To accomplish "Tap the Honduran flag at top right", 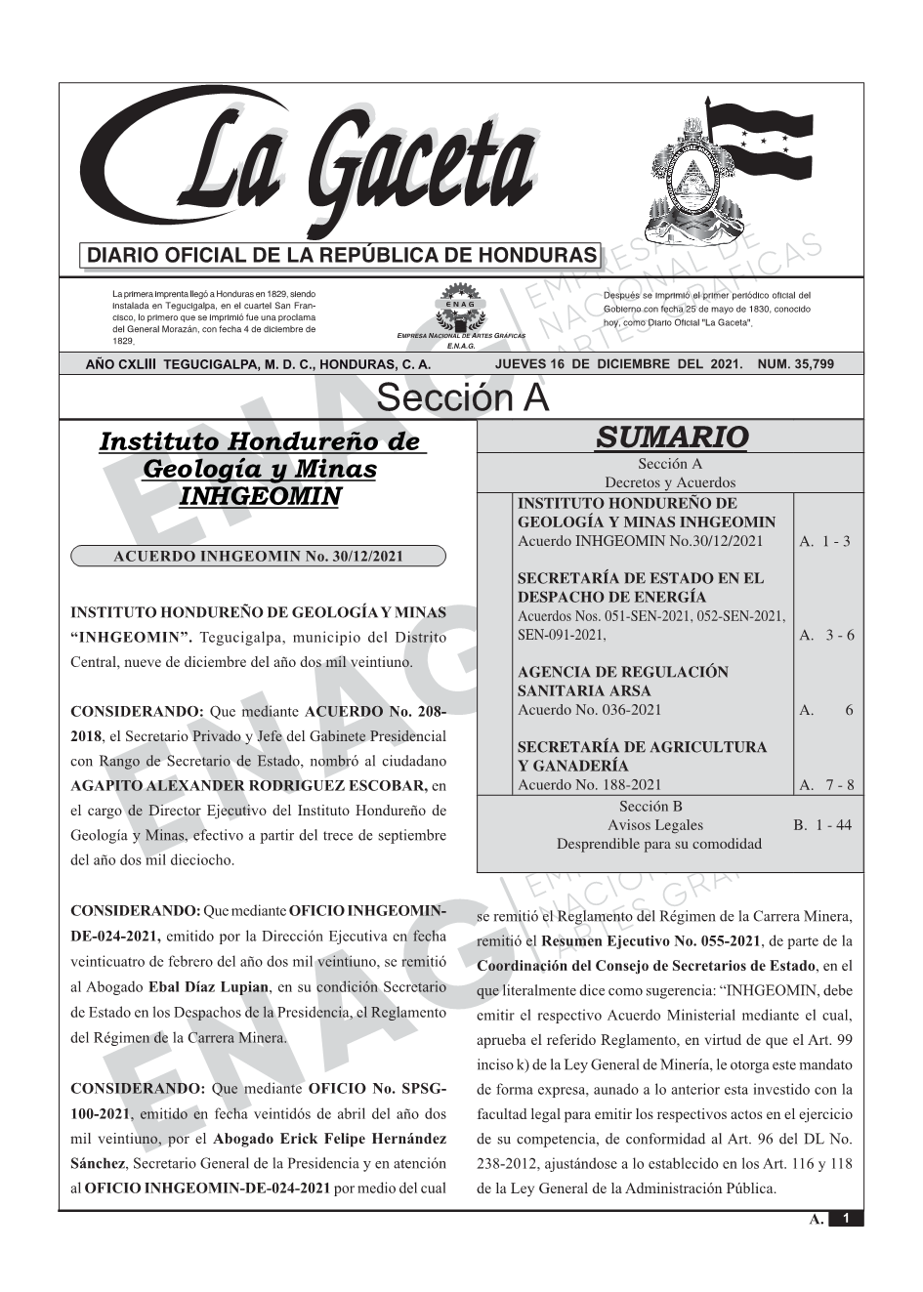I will point(762,142).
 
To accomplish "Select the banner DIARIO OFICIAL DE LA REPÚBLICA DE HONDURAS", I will point(340,256).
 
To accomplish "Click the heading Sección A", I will point(462,398).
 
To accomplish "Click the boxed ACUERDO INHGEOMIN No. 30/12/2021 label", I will point(258,557).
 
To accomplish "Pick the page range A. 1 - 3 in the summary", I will point(824,541).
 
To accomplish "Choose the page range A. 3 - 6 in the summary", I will point(826,635).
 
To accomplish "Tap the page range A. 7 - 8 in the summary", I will point(826,784).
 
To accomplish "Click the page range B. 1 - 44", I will point(822,825).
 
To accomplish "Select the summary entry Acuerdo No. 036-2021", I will point(589,710).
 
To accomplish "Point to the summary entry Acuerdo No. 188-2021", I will point(589,784).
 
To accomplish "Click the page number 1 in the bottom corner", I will point(846,1219).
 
